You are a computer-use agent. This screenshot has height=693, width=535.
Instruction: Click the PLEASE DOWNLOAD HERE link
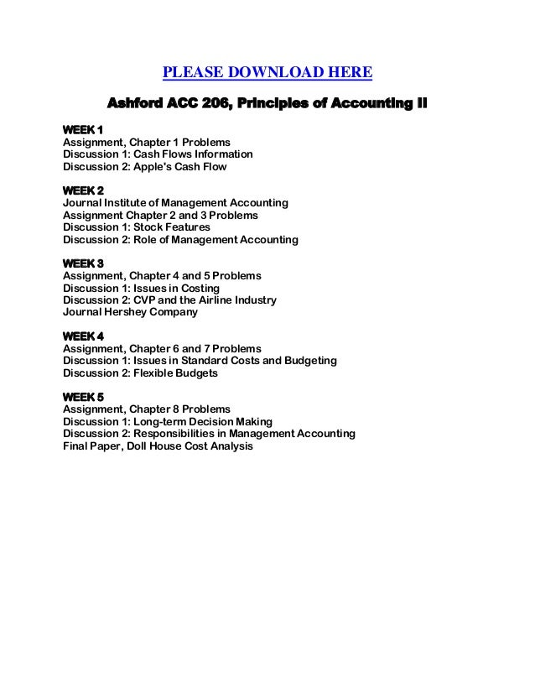[267, 73]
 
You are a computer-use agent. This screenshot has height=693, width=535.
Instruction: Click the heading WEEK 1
[83, 130]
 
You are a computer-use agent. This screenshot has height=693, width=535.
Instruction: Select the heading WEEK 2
[83, 191]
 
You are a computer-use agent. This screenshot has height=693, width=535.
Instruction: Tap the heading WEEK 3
[83, 263]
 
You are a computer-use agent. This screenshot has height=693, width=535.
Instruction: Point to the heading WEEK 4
[83, 336]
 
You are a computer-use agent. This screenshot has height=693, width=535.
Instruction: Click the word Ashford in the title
[137, 105]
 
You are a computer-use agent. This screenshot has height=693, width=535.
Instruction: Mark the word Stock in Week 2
[139, 227]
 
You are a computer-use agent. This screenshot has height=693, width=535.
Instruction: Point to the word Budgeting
[308, 361]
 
